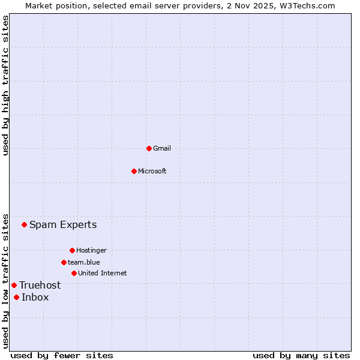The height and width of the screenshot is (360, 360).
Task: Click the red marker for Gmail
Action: click(x=149, y=148)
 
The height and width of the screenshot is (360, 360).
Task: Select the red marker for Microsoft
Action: click(x=134, y=171)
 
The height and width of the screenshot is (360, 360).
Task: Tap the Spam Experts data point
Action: click(x=25, y=225)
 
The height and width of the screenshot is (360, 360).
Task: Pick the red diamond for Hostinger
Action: click(x=72, y=250)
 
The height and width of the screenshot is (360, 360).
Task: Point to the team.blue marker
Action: click(x=64, y=262)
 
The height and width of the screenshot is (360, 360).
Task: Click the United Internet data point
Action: click(x=74, y=273)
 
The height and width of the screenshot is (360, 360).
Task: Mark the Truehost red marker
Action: click(x=14, y=285)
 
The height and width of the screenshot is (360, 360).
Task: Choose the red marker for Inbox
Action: click(x=16, y=297)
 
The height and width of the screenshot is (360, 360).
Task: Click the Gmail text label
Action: click(x=162, y=148)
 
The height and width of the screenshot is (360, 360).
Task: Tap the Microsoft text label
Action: click(x=152, y=171)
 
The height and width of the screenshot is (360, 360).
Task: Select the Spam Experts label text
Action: click(x=63, y=225)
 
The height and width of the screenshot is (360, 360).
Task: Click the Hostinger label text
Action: click(x=91, y=250)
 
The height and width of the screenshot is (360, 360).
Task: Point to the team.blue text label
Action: click(x=84, y=262)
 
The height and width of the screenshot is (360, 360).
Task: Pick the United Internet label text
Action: click(x=103, y=273)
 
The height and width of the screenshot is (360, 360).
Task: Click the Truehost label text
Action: click(x=40, y=285)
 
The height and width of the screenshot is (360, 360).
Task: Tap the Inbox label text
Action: click(x=35, y=297)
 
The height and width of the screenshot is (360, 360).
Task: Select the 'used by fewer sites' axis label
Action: click(x=62, y=355)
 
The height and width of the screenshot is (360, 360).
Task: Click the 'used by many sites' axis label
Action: click(x=301, y=355)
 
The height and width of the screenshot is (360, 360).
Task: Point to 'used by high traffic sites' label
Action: click(x=5, y=85)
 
